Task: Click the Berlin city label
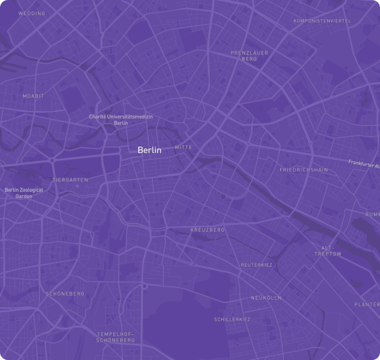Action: tap(149, 150)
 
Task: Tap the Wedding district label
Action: tap(32, 13)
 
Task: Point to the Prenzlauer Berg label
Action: tap(248, 56)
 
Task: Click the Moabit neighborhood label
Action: tap(33, 96)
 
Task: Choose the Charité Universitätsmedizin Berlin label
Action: tap(121, 120)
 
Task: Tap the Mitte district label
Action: tap(183, 147)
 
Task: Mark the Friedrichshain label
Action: tap(303, 170)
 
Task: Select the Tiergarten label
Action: tap(70, 179)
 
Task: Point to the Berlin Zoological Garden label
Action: tap(24, 193)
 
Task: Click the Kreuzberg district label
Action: tap(207, 230)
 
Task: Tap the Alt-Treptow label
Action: tap(327, 251)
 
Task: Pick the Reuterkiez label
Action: tap(256, 265)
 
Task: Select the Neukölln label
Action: tap(266, 298)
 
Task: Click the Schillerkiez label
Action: tap(232, 320)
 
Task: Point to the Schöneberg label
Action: tap(65, 293)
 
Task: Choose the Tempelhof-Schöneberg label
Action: tap(115, 337)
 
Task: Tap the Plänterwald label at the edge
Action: tap(367, 304)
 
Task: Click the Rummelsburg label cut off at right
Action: tap(373, 214)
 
